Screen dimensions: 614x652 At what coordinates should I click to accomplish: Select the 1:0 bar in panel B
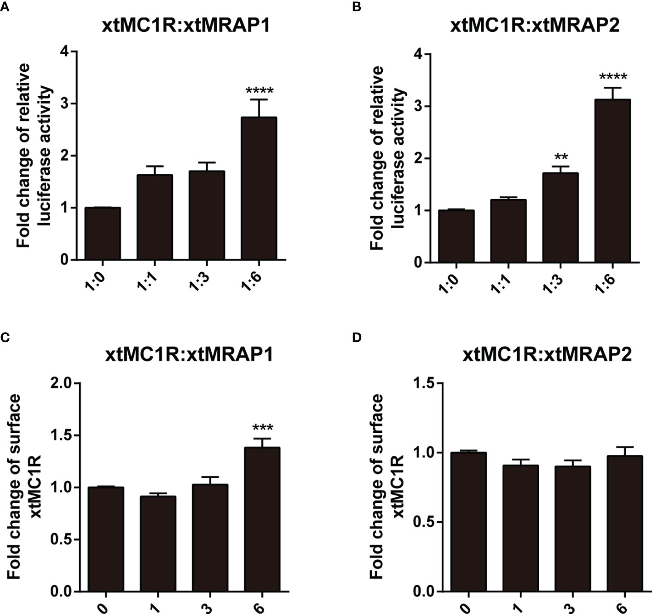[x=456, y=236]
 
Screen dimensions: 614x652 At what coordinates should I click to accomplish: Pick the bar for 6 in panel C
[x=262, y=519]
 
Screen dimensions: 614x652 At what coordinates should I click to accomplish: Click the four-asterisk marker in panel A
[x=259, y=90]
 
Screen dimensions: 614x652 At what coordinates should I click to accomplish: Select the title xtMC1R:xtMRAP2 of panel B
[x=535, y=25]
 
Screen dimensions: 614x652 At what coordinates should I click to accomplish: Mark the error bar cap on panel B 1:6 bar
[x=612, y=87]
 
